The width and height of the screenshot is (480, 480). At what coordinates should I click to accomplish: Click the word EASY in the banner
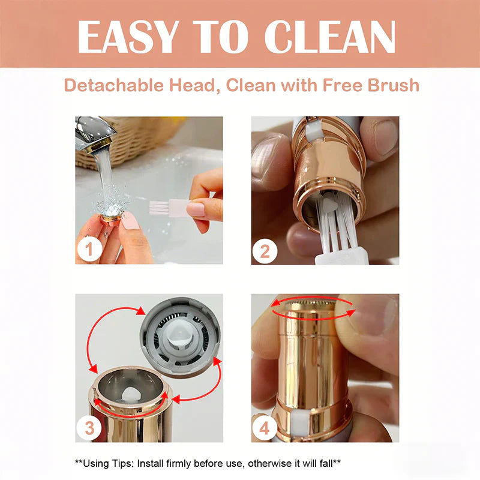coord(128,37)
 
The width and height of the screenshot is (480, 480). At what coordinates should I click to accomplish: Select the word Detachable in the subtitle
coord(114,85)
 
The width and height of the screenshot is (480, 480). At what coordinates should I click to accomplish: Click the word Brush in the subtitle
coord(393,85)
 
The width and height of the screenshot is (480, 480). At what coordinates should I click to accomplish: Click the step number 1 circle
coord(89,249)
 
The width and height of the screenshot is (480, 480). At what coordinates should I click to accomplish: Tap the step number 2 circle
coord(265,251)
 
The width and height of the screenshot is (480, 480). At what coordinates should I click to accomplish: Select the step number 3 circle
coord(89,428)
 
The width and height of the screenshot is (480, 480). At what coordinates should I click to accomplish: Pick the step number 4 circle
coord(265,428)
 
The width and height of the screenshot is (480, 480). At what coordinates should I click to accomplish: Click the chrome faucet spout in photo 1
coord(94,134)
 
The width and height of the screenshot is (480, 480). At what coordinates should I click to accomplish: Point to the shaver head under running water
coord(112,217)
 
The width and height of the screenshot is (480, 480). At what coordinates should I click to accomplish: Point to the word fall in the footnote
coord(326,463)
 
